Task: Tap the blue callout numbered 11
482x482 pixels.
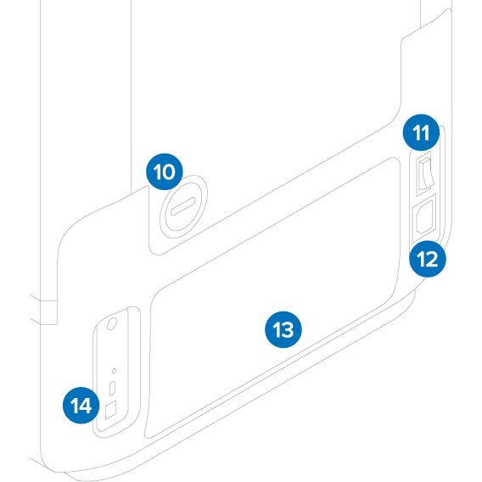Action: click(422, 132)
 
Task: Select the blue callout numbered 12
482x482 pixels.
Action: click(427, 260)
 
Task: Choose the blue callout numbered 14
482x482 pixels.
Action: click(81, 406)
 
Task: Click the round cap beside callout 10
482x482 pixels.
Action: click(183, 208)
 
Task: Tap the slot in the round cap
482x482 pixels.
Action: click(183, 208)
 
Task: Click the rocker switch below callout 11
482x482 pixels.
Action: click(424, 175)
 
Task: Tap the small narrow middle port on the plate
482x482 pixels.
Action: click(113, 389)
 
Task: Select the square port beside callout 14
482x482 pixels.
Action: click(112, 409)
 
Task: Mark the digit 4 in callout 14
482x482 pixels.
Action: click(87, 406)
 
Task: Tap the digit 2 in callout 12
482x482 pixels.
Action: click(432, 260)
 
